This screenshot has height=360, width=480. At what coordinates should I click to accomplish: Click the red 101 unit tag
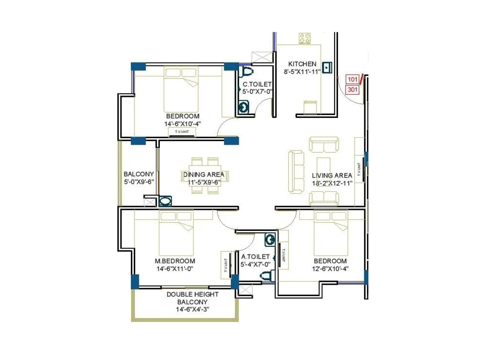tap(352, 79)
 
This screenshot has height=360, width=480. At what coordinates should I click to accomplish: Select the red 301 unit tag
tap(352, 89)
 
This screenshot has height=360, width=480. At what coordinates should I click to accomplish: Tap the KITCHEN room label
tap(302, 64)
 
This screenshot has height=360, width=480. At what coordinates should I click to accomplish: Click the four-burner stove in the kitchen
tap(305, 39)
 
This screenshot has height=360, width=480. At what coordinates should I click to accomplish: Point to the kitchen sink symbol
tap(327, 67)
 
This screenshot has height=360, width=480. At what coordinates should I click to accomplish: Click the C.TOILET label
tap(257, 84)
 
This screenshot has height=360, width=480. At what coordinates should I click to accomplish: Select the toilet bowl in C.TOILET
tap(247, 72)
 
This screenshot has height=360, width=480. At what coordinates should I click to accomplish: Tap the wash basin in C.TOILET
tap(244, 107)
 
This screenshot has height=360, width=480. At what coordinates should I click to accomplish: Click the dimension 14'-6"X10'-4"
tap(182, 124)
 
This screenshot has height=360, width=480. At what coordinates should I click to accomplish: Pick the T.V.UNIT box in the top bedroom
tap(182, 132)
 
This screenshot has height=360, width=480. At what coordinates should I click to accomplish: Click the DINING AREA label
tap(204, 174)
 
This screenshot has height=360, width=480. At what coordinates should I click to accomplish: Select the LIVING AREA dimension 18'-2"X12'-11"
tap(332, 183)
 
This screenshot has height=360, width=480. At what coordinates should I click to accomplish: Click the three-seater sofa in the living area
tap(296, 172)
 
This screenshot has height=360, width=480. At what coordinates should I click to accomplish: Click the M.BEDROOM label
tap(175, 261)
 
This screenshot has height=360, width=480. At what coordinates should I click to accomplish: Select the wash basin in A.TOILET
tap(270, 240)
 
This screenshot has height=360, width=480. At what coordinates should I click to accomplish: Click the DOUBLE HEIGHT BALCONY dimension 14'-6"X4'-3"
tap(192, 309)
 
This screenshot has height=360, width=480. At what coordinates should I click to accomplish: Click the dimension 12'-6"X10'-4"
tap(330, 269)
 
